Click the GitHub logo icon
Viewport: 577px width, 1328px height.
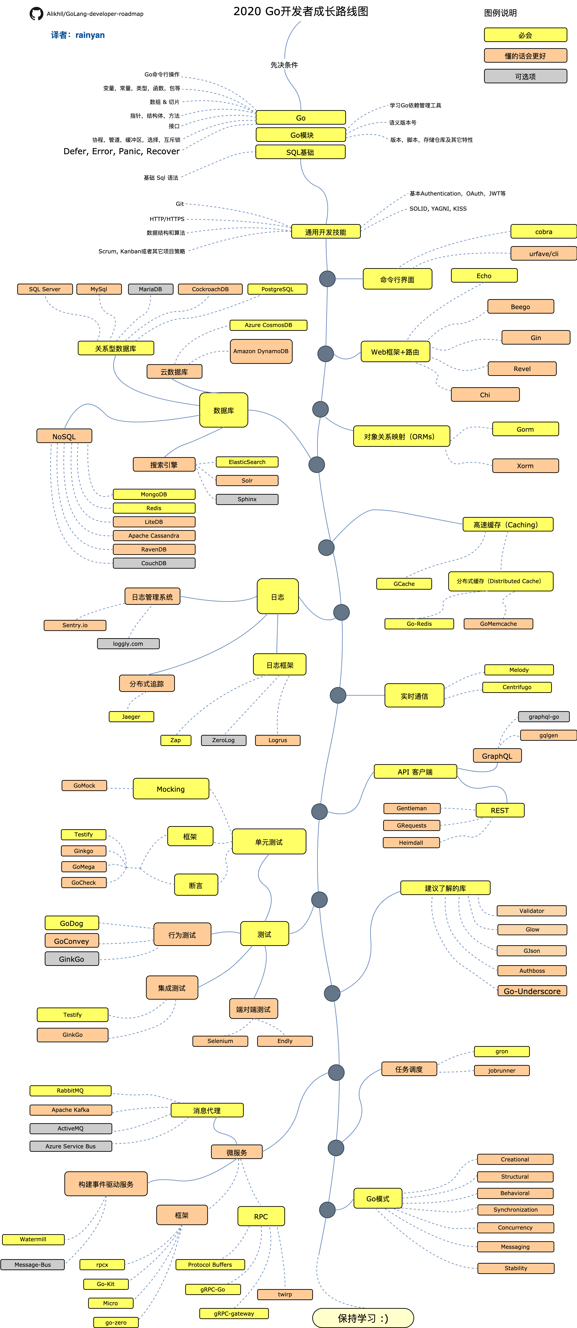(x=36, y=13)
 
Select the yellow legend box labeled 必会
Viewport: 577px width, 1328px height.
(x=525, y=35)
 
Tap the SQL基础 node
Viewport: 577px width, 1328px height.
(x=300, y=152)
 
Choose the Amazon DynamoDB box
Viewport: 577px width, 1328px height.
(x=261, y=351)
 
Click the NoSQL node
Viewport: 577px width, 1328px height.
(x=64, y=436)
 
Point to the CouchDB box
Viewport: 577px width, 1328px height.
(x=154, y=563)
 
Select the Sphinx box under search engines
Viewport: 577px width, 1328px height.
(x=247, y=499)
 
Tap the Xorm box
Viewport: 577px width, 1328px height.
(x=525, y=466)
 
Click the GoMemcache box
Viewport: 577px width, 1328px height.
(x=498, y=624)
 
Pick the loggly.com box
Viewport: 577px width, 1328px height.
(x=128, y=643)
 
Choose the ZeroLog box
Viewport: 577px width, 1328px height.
(x=223, y=740)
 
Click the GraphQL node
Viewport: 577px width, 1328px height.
(x=497, y=756)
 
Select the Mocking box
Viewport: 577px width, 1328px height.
(x=171, y=789)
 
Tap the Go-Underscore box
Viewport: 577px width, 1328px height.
(x=532, y=991)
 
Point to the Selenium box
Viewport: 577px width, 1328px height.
(x=220, y=1041)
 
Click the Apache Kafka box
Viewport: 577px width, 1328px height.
(x=71, y=1109)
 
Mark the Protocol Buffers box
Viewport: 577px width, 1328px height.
(x=210, y=1265)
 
